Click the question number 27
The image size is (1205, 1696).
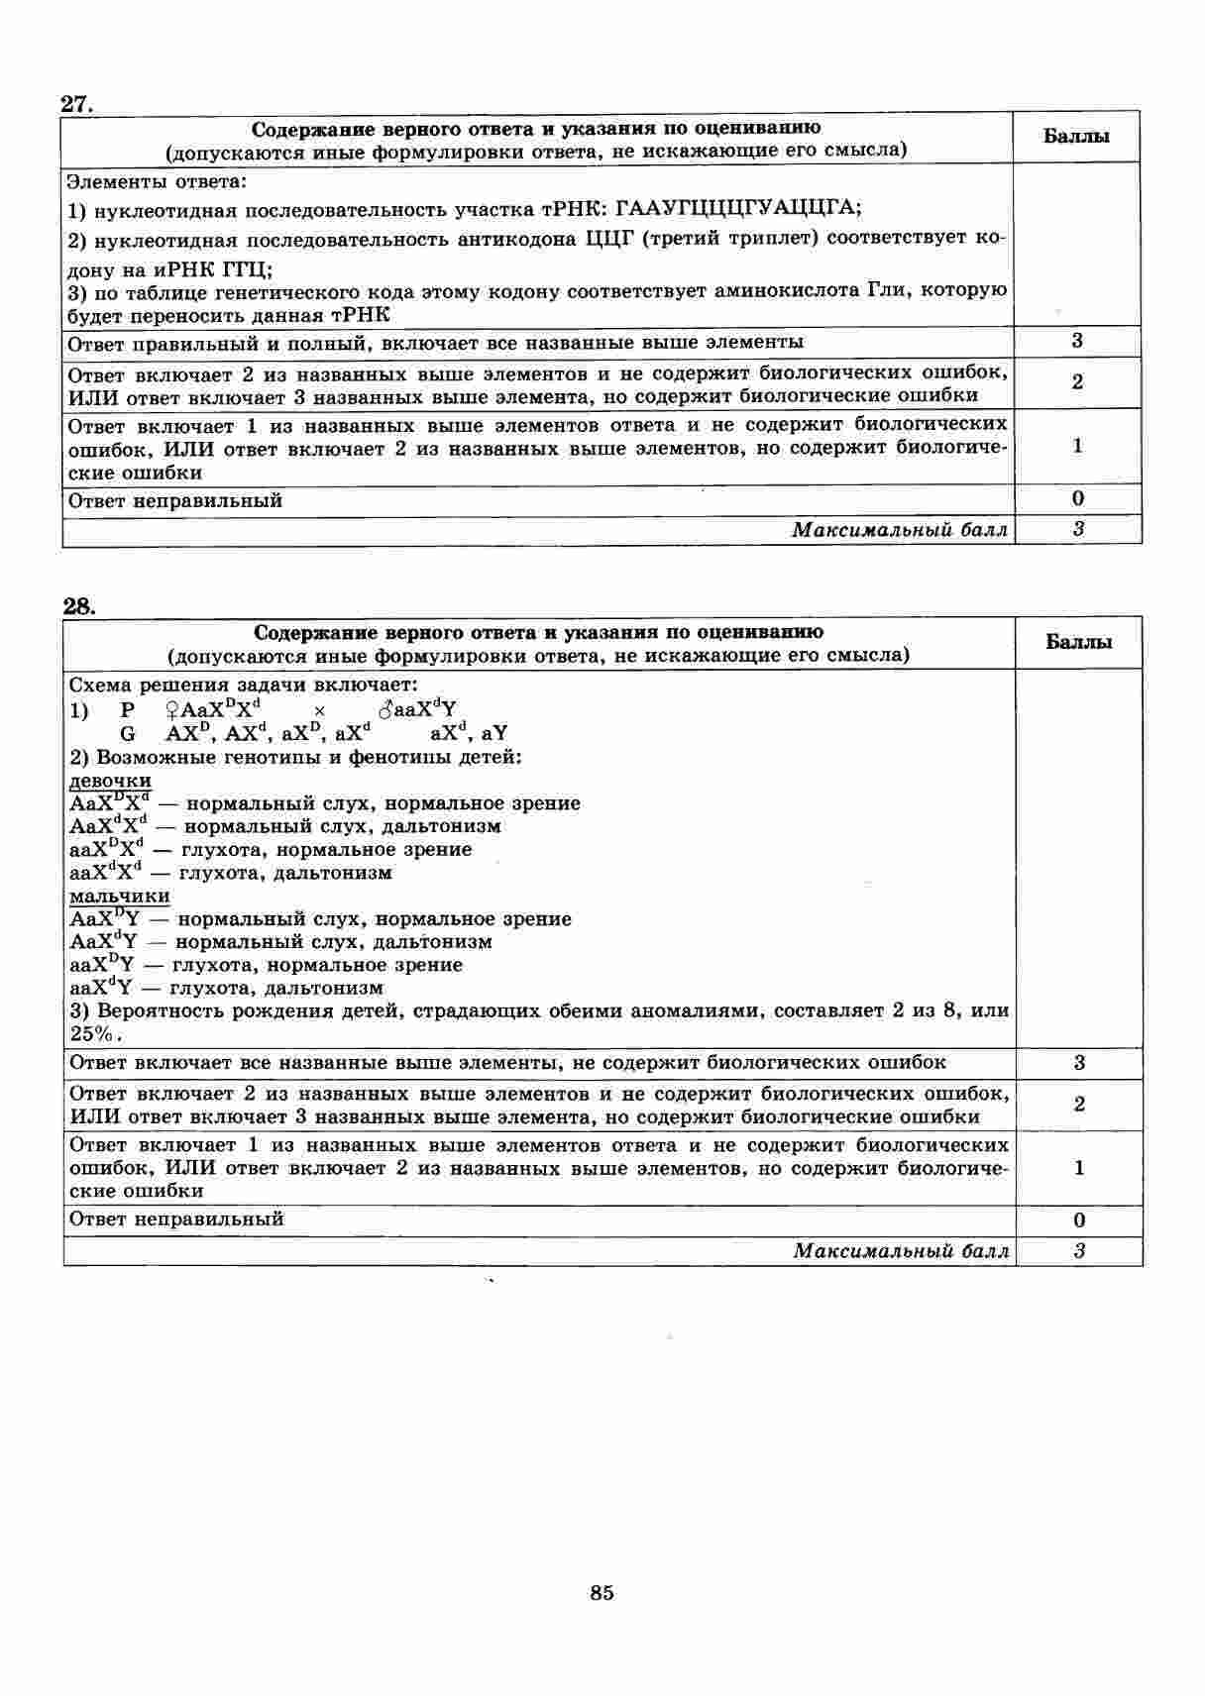76,103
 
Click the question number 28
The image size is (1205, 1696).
78,606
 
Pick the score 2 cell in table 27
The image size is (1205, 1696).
1077,382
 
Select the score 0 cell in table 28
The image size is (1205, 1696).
1079,1220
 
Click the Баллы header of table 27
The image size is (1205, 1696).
1076,137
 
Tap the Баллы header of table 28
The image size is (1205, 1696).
1079,642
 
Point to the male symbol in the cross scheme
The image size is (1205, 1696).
384,710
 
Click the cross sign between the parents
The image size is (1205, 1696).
319,711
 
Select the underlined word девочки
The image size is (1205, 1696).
110,781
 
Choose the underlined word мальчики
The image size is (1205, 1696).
119,896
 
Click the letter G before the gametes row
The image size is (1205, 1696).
127,734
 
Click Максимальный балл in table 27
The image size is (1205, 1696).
900,530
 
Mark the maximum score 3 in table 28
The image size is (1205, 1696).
1079,1251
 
